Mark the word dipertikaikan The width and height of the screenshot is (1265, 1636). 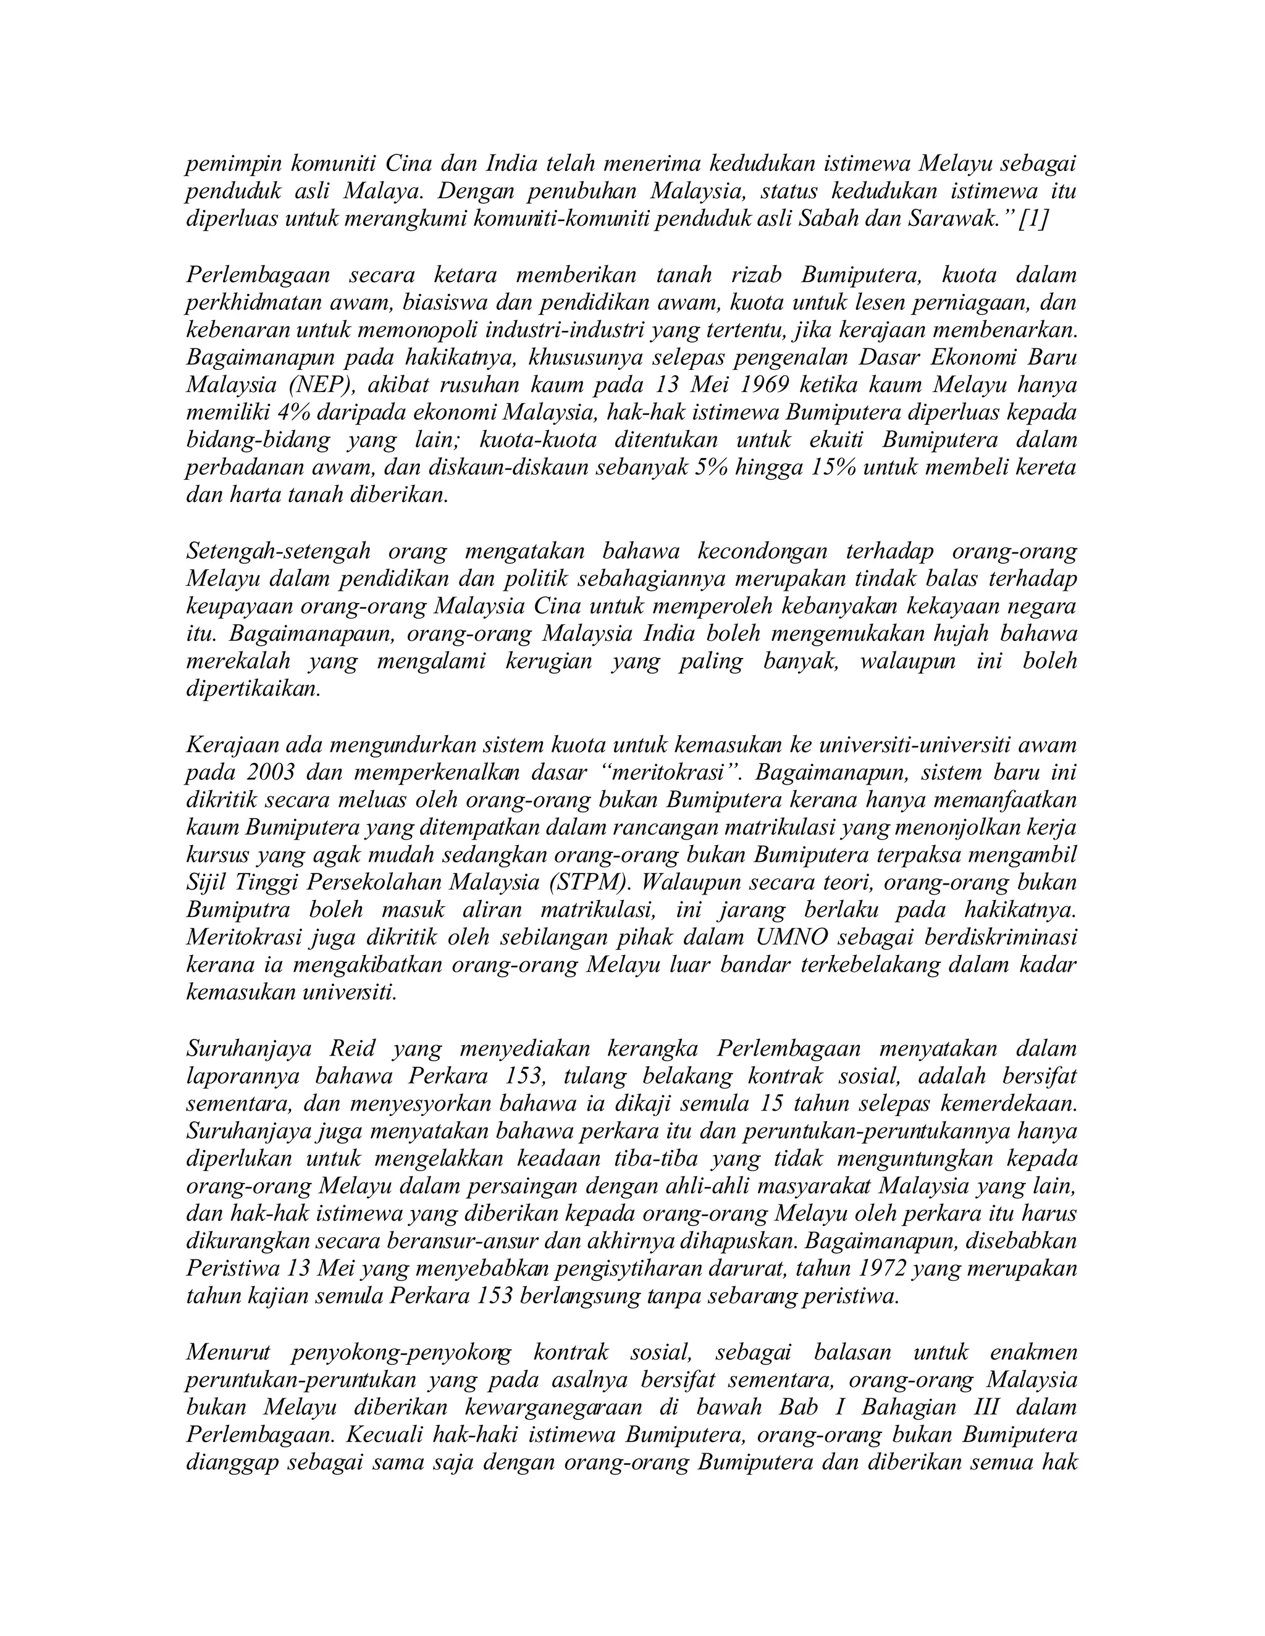pyautogui.click(x=253, y=689)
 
